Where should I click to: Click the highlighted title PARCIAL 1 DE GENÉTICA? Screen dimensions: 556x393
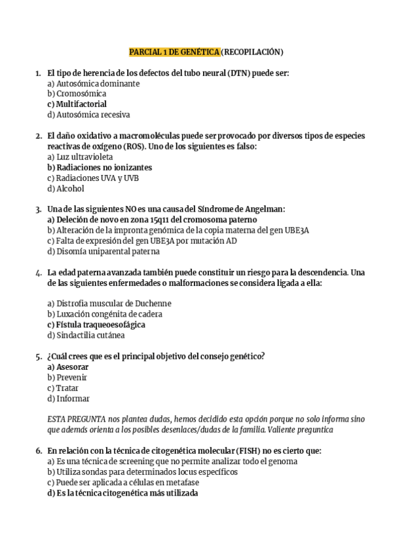[174, 52]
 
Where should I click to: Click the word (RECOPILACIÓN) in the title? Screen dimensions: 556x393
[252, 52]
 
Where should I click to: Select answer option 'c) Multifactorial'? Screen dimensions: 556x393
[77, 104]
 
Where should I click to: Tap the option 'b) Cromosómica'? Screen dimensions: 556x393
[77, 94]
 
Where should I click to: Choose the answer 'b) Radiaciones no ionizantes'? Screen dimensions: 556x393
[100, 168]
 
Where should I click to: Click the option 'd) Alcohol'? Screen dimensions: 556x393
[65, 189]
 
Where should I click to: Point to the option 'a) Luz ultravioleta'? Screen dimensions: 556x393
[80, 157]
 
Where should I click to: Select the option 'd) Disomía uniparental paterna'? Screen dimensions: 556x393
[103, 251]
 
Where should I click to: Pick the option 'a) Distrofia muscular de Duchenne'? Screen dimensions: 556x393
[109, 304]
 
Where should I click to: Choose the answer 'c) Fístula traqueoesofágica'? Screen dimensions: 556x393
[96, 325]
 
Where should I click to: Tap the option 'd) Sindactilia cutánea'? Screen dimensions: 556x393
[86, 335]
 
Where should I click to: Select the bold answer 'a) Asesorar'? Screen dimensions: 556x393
[67, 367]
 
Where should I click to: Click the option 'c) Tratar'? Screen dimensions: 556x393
[63, 388]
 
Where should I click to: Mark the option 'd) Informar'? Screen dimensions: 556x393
[68, 399]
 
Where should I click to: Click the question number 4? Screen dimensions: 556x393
[38, 272]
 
